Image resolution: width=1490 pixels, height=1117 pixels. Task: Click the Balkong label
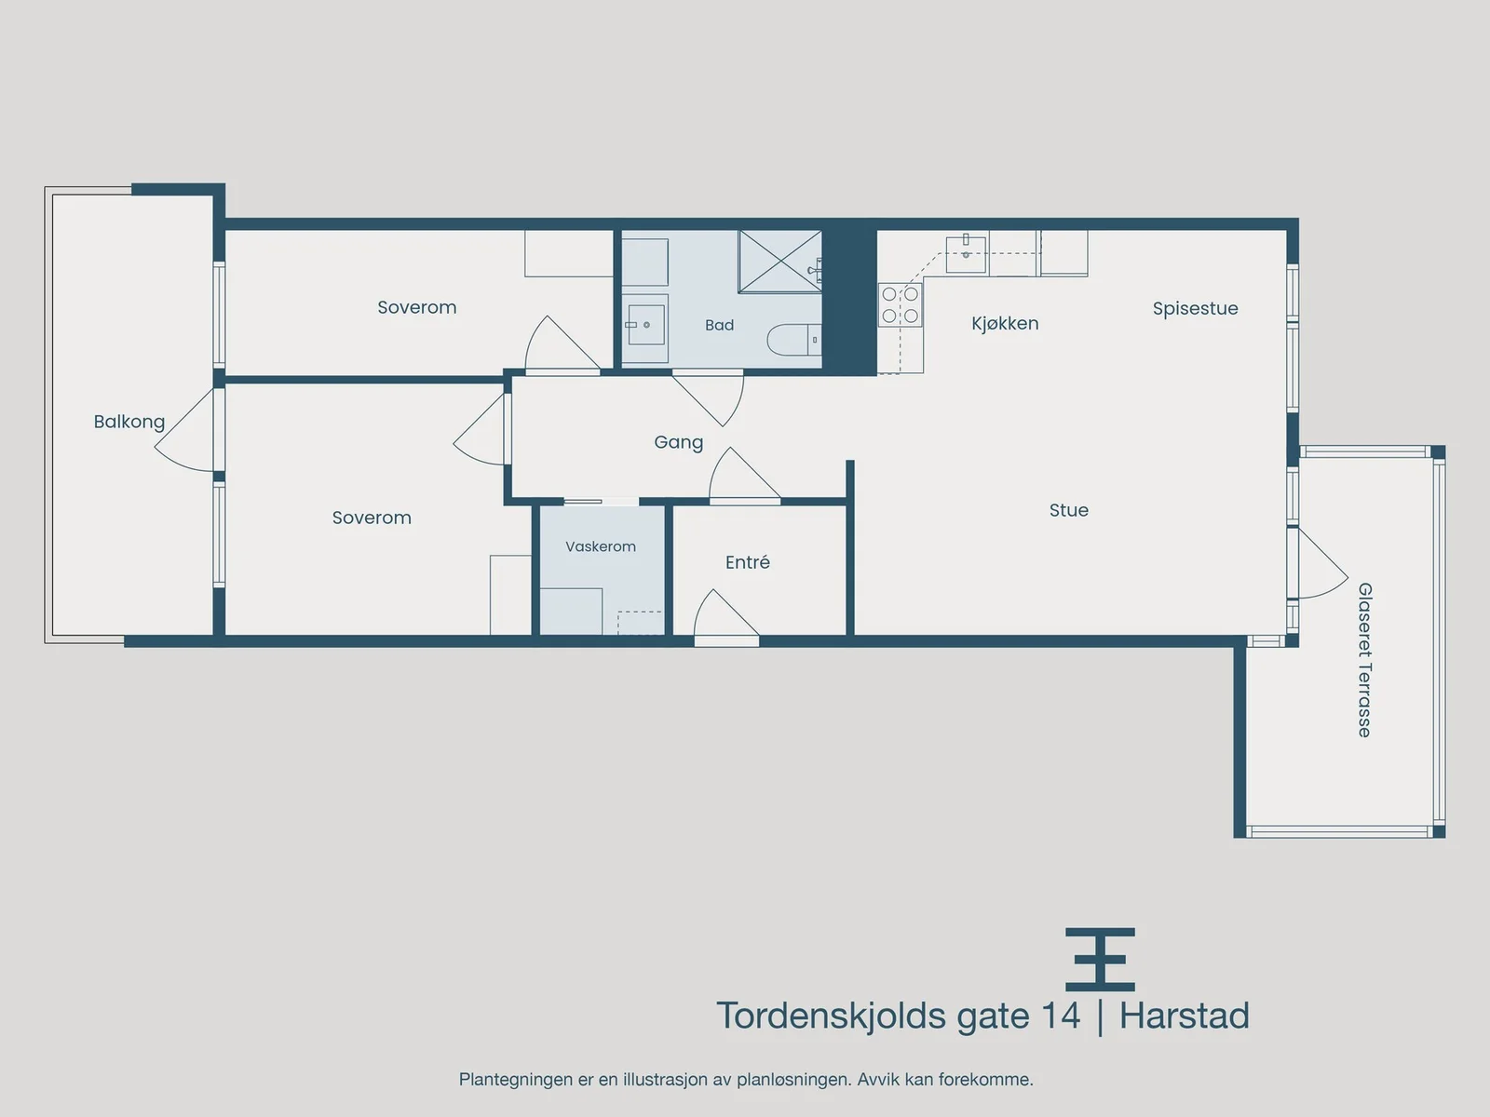tap(129, 422)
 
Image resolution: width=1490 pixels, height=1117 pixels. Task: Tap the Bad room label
tap(719, 326)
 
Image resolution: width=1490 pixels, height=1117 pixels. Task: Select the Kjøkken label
tap(1005, 324)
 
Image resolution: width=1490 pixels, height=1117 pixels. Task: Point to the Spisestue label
tap(1195, 309)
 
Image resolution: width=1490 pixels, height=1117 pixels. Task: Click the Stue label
tap(1068, 510)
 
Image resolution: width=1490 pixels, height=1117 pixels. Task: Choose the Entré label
tap(748, 562)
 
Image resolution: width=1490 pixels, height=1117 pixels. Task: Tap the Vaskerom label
tap(600, 546)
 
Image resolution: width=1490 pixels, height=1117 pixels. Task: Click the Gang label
tap(678, 443)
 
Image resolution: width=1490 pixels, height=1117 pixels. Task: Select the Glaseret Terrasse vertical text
tap(1364, 660)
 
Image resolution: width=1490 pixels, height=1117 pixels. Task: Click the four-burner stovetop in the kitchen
tap(901, 304)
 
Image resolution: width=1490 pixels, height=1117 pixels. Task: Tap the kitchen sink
tap(966, 254)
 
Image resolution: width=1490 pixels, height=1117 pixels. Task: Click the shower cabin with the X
tap(780, 262)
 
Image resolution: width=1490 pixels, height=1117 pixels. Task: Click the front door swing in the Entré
tap(725, 614)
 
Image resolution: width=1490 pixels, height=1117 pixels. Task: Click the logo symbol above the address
tap(1100, 959)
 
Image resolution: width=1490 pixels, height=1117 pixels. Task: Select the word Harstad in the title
tap(1184, 1016)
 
